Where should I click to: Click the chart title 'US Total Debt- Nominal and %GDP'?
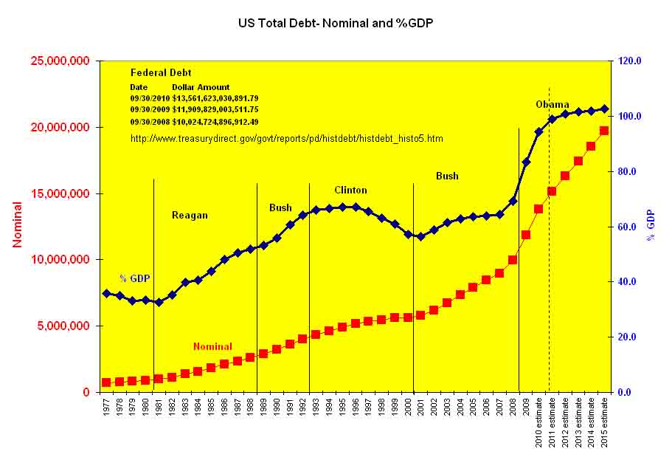click(x=336, y=23)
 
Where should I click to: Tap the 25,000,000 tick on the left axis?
click(x=61, y=61)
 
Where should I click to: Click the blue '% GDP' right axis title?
click(x=651, y=224)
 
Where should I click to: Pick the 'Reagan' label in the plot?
click(x=190, y=216)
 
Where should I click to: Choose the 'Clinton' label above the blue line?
click(x=350, y=190)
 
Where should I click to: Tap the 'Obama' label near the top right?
click(x=552, y=105)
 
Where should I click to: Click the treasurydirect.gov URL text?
click(x=286, y=138)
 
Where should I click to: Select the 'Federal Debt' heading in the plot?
click(x=161, y=73)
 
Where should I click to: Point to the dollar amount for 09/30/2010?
click(x=215, y=98)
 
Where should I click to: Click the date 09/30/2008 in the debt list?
click(x=150, y=122)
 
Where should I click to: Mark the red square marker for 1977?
click(x=106, y=382)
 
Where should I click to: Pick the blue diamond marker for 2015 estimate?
click(x=604, y=109)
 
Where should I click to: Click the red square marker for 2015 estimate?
click(x=604, y=131)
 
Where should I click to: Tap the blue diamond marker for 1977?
click(x=106, y=293)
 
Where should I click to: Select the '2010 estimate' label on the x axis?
click(x=539, y=421)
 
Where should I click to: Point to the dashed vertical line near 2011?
click(x=549, y=222)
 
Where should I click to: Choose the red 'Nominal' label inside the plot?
click(x=212, y=346)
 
